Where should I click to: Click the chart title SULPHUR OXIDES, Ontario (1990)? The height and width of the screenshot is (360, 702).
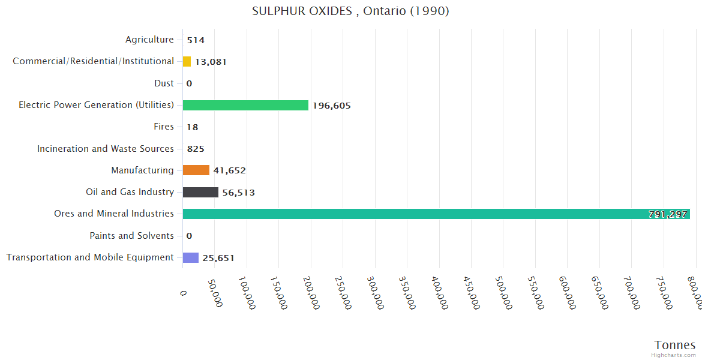[350, 11]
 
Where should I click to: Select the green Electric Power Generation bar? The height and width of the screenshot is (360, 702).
[245, 105]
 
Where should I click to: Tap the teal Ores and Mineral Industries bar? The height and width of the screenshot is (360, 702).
[436, 214]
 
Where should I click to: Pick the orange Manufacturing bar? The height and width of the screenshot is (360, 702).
[196, 170]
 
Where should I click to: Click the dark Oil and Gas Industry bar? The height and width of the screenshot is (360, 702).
[200, 192]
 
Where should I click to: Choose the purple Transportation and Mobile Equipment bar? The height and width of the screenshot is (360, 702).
[191, 257]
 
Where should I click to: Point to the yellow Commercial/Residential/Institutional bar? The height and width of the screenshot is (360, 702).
[187, 61]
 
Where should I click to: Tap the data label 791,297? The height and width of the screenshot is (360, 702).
[668, 214]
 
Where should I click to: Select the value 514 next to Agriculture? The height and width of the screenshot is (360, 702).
[196, 40]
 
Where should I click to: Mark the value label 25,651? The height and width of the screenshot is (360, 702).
[218, 258]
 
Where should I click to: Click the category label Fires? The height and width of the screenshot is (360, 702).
[164, 127]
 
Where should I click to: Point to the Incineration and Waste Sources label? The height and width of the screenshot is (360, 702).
[106, 148]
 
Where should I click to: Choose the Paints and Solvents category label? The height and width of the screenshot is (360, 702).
[132, 235]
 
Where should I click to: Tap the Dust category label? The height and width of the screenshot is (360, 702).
[164, 83]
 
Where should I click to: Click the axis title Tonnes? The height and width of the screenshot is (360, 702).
[675, 344]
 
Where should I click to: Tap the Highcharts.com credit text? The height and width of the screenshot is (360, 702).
[674, 355]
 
